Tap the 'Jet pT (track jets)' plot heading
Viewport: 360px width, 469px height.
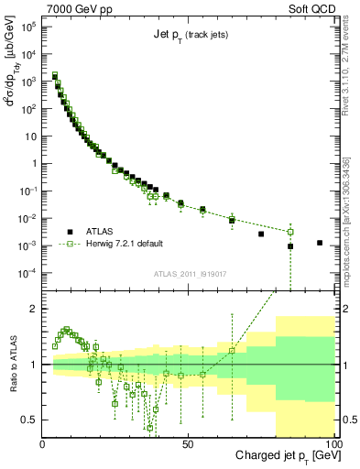188,36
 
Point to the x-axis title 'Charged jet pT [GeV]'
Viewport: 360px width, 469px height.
276,455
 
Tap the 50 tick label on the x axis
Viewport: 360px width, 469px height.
188,442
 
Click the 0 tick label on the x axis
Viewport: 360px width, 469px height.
43,442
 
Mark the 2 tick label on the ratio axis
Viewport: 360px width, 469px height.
34,309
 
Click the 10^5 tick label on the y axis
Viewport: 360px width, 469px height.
27,27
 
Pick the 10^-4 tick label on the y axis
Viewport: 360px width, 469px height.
27,273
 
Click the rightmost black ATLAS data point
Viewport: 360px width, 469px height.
319,243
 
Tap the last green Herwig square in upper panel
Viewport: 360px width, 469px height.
290,232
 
